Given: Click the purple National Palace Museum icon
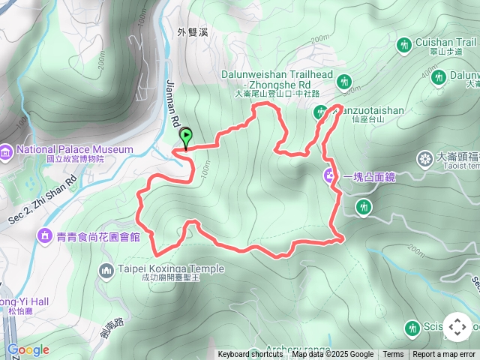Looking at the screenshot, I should [x=7, y=153].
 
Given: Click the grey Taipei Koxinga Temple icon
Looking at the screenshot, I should [x=106, y=269].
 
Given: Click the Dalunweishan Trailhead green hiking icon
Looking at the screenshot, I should [x=345, y=81].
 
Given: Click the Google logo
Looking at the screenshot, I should [x=28, y=349].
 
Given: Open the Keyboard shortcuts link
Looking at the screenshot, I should [x=250, y=355].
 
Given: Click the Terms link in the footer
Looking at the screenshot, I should [x=393, y=355].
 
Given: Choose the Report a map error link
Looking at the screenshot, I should [x=444, y=355].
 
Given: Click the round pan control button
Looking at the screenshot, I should [x=457, y=327].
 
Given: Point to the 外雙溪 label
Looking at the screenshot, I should [x=191, y=32].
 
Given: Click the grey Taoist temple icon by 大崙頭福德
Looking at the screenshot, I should [x=424, y=159].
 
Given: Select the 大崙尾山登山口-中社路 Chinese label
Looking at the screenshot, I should [x=277, y=94].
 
